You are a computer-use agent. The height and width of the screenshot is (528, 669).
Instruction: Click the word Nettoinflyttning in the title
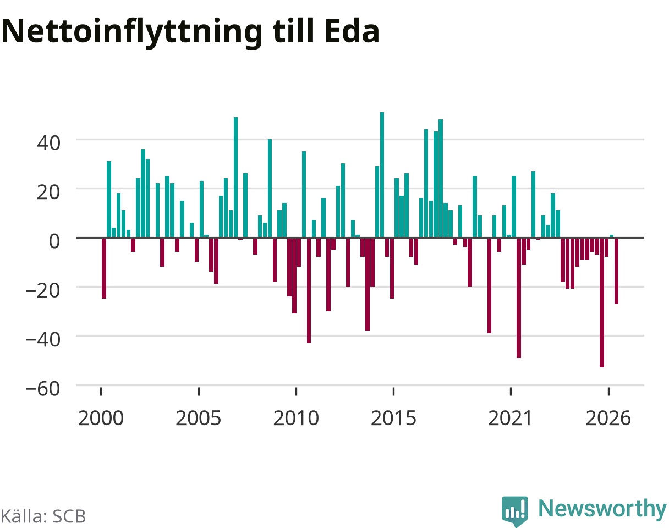tap(132, 32)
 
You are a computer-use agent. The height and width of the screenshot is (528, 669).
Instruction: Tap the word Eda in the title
tap(352, 31)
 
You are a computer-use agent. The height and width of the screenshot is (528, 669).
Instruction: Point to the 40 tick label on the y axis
tap(48, 143)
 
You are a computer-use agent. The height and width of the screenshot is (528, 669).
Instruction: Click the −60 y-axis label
tap(43, 389)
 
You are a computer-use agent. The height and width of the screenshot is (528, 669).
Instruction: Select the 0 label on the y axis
tap(54, 241)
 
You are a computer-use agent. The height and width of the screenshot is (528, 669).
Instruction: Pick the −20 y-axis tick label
tap(43, 290)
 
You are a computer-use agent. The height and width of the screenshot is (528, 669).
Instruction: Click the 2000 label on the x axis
tap(101, 419)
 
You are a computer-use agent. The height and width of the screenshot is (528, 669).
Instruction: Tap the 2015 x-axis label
tap(393, 419)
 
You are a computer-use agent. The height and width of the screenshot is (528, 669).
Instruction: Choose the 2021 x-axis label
tap(511, 419)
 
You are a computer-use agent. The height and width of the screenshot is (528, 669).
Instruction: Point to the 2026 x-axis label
tap(608, 419)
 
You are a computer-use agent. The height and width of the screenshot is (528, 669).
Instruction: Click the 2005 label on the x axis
tap(199, 419)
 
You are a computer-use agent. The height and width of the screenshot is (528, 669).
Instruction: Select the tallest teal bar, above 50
tap(382, 175)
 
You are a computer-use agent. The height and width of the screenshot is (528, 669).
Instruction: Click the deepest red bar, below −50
tap(602, 302)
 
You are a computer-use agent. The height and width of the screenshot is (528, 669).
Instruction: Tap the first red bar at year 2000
tap(104, 268)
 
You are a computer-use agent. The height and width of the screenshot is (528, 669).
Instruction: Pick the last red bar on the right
tap(617, 271)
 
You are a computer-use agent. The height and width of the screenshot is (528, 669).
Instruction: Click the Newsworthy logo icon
tap(515, 510)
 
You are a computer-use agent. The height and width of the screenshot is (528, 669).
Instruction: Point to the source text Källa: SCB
tap(43, 516)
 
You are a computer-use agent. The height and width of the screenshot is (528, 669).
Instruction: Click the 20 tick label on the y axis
tap(48, 193)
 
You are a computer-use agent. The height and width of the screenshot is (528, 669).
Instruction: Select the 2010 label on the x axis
tap(296, 419)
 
